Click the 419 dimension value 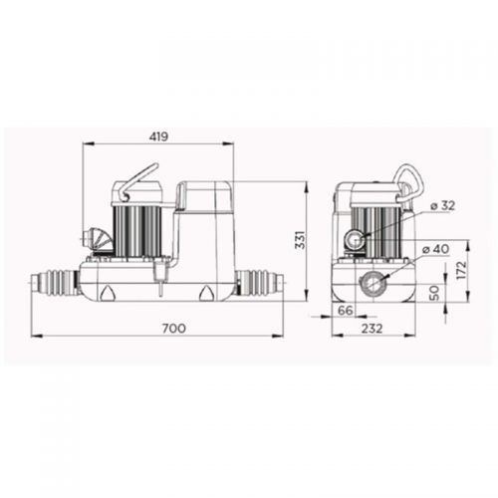(x=158, y=136)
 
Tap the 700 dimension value (x=174, y=329)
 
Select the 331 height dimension (x=301, y=239)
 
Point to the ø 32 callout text (x=442, y=206)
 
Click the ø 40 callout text (x=436, y=249)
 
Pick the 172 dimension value (x=461, y=271)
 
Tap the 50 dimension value (x=434, y=293)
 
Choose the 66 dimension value (x=346, y=311)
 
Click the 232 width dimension (x=372, y=329)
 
